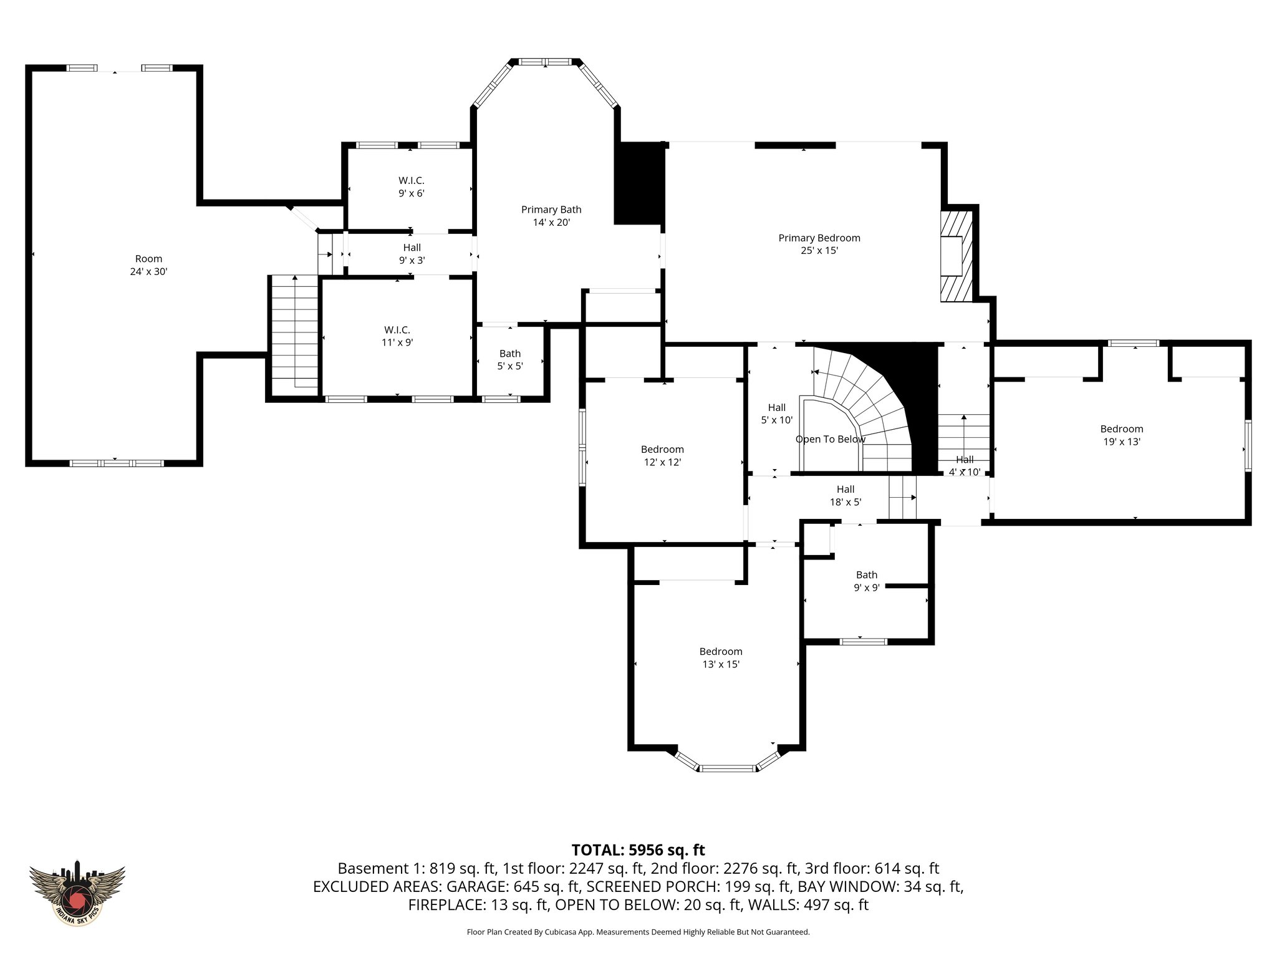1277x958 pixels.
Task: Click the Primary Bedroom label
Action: [819, 244]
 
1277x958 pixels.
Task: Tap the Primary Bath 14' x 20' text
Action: [551, 216]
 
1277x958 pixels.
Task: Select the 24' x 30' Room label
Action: [148, 265]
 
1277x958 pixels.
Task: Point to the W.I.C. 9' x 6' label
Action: [412, 187]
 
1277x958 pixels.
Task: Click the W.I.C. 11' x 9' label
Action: [397, 336]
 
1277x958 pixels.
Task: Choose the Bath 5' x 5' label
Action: [509, 360]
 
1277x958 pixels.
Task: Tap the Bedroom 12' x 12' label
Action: [662, 455]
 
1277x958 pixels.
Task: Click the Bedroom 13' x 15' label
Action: [721, 658]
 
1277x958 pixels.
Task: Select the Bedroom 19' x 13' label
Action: [1122, 435]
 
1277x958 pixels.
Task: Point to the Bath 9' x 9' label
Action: [866, 581]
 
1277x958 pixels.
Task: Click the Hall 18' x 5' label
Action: [846, 495]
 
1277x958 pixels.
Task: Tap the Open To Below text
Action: [831, 439]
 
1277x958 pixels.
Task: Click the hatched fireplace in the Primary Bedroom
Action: [956, 256]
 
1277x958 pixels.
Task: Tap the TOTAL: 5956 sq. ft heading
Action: [638, 849]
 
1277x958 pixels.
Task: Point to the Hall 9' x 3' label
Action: [412, 254]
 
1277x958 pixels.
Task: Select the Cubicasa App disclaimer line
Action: [638, 932]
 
